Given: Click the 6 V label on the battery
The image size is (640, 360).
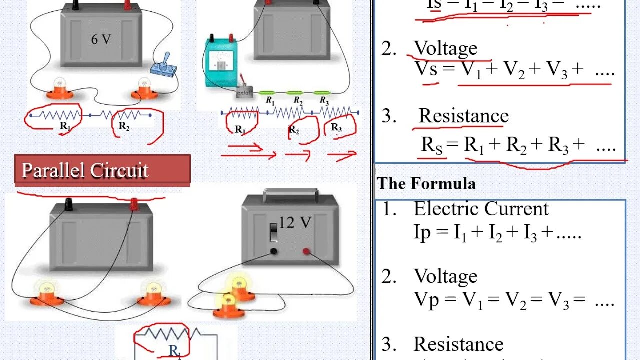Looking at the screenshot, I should pyautogui.click(x=101, y=39).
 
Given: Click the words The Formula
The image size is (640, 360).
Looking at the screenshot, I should pyautogui.click(x=426, y=184).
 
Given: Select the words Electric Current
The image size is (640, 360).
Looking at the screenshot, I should pyautogui.click(x=481, y=209).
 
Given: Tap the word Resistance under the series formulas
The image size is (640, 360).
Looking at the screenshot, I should pyautogui.click(x=463, y=116).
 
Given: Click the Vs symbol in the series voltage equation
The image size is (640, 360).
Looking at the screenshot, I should pyautogui.click(x=426, y=69).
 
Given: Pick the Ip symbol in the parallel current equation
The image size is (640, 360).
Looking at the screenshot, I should pyautogui.click(x=422, y=232).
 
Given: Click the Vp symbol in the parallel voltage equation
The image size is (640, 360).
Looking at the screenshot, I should pyautogui.click(x=426, y=299).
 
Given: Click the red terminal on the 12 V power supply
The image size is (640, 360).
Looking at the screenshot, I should pyautogui.click(x=306, y=251).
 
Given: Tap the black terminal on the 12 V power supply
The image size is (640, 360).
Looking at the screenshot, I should pyautogui.click(x=274, y=251).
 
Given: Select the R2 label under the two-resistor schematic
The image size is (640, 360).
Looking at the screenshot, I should pyautogui.click(x=124, y=127).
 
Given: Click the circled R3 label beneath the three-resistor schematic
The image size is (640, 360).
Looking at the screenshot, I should pyautogui.click(x=337, y=129).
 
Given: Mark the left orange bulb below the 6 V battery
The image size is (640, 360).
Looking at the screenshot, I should pyautogui.click(x=60, y=89).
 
